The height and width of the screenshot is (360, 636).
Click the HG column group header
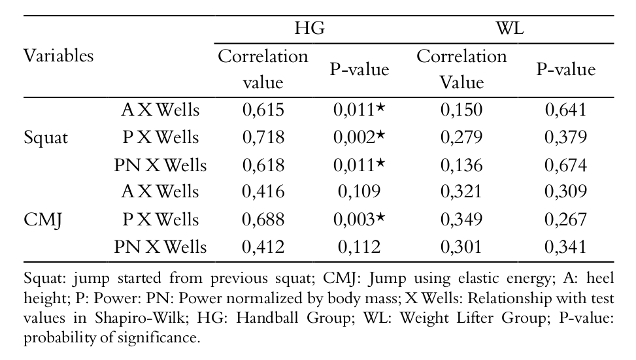click(309, 29)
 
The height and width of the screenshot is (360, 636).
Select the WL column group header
click(509, 29)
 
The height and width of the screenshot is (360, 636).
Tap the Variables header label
click(58, 56)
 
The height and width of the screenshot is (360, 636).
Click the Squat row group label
click(46, 138)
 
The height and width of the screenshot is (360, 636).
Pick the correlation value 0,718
click(263, 138)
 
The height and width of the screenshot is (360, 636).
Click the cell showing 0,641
click(566, 110)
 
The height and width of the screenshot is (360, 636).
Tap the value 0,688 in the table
click(263, 220)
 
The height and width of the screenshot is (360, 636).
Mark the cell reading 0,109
click(357, 192)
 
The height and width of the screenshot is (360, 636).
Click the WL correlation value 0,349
click(461, 220)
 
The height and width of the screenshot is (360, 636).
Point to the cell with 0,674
click(566, 165)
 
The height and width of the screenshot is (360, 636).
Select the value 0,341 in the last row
click(566, 247)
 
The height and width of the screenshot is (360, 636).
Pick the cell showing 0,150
click(461, 110)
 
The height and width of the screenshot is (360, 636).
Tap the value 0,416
click(263, 192)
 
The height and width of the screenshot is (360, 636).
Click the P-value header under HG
click(359, 69)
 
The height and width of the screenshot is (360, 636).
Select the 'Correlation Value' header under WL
click(461, 69)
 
